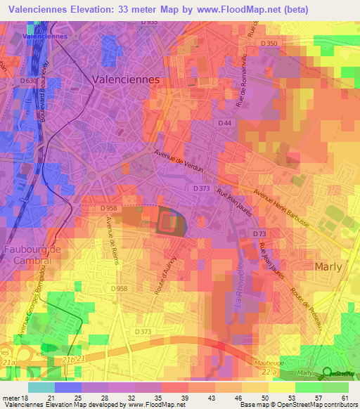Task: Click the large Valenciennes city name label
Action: pos(126,80)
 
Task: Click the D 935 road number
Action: pos(148,23)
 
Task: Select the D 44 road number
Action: pos(225,123)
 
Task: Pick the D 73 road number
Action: pos(259,233)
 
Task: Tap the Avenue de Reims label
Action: pos(110,236)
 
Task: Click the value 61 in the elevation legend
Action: pos(344,398)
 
